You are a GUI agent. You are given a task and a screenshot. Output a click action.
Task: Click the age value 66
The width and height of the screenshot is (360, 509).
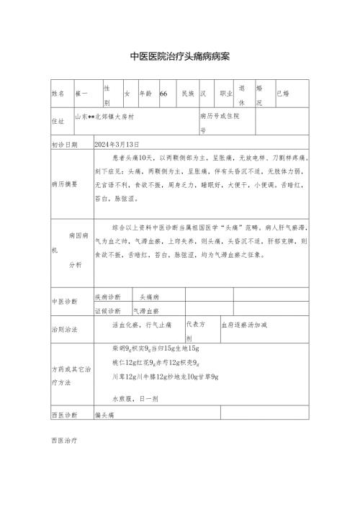163,94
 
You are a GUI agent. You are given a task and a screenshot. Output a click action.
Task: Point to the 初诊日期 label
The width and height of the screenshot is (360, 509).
64,144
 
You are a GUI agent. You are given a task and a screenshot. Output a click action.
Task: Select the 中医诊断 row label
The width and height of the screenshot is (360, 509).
64,302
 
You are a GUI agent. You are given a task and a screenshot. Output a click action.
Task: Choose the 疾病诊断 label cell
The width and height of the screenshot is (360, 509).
108,297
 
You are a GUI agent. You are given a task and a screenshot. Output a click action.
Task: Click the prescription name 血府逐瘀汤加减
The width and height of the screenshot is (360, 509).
244,325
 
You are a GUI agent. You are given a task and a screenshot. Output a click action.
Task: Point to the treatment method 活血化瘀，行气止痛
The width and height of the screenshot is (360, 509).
142,325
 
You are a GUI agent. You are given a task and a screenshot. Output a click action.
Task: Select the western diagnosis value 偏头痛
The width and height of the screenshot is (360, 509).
105,415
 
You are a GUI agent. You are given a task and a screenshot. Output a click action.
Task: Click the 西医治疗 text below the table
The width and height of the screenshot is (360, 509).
64,438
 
